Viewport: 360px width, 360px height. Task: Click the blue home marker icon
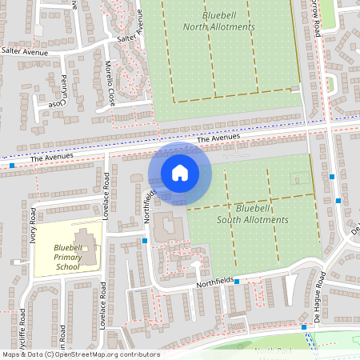180,172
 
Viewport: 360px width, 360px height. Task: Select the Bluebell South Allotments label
262,214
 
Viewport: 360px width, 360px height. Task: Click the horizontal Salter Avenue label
25,50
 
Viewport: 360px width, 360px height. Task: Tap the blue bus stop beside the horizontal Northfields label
237,281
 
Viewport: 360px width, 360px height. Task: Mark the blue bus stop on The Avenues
12,166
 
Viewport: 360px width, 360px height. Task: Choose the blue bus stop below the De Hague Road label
304,326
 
